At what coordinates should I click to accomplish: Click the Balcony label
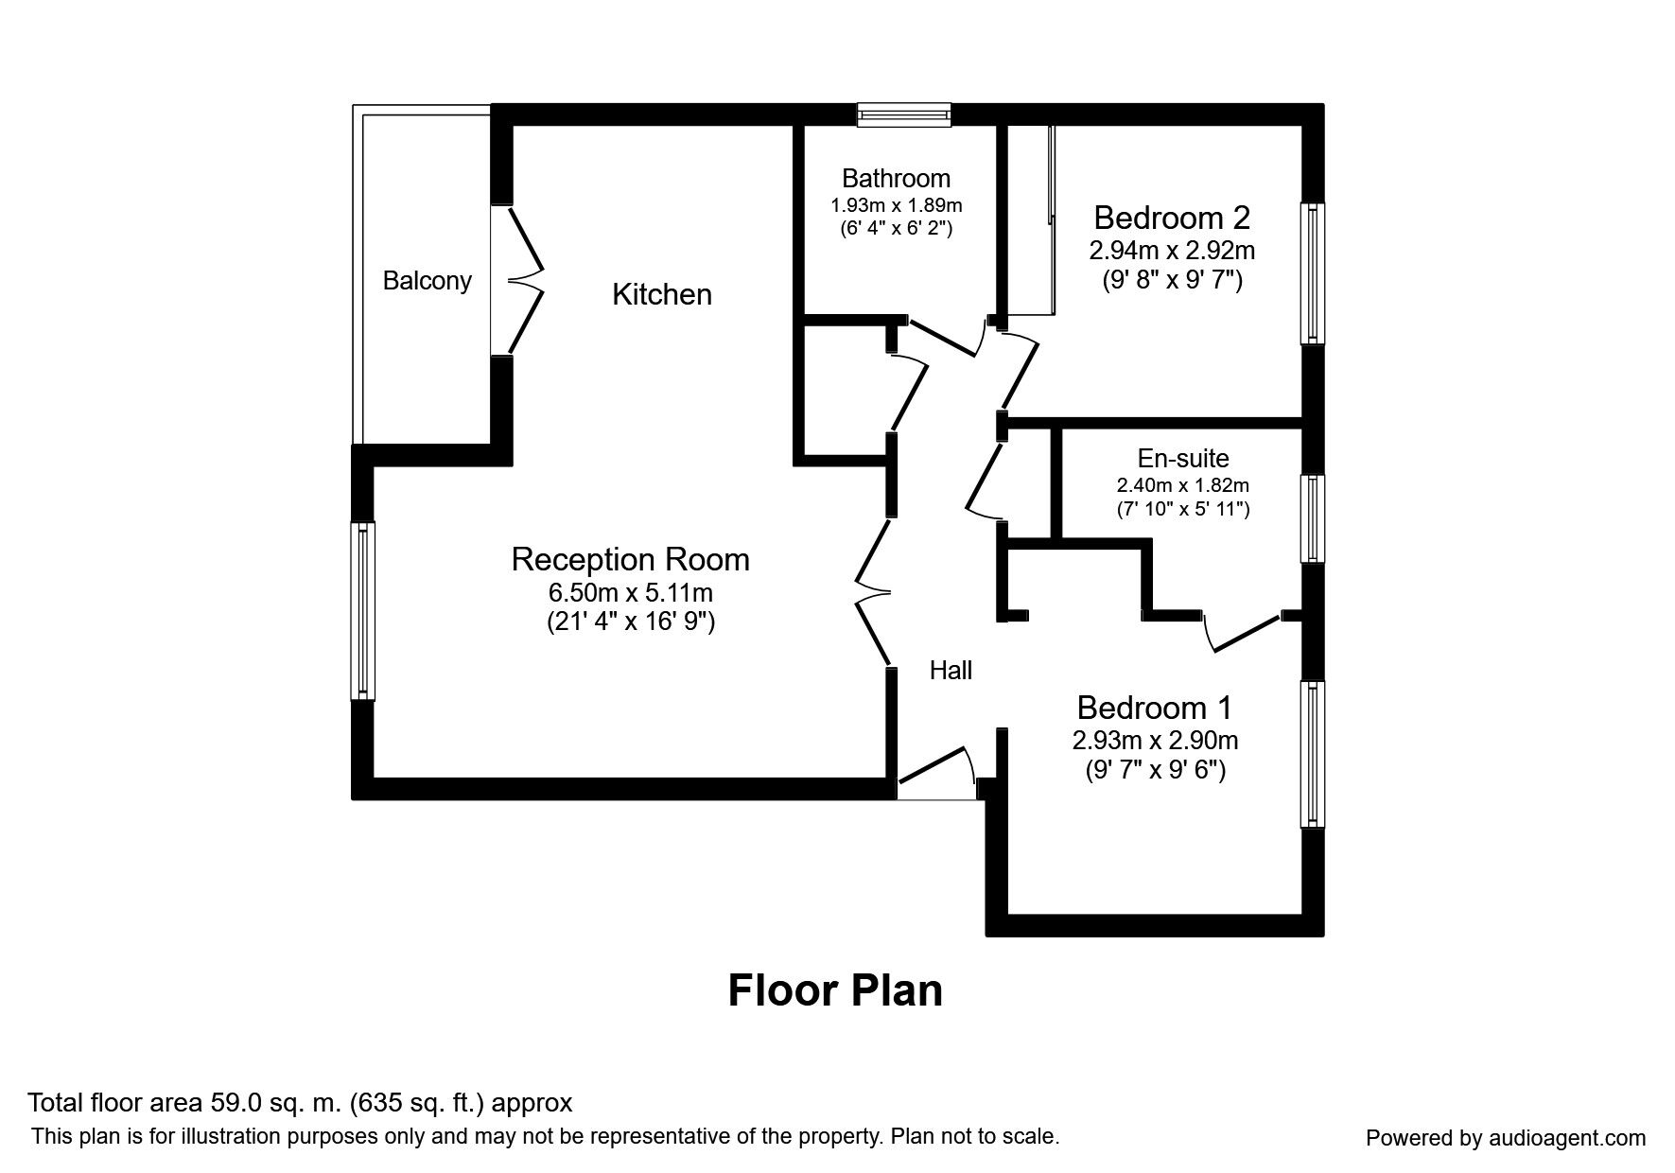(427, 281)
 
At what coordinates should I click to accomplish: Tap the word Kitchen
(662, 294)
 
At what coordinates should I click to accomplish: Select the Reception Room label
(631, 559)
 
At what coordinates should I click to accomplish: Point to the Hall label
(951, 671)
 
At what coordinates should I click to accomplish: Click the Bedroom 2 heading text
(1172, 218)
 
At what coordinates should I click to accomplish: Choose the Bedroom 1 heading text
(1155, 708)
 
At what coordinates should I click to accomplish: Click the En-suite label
(1183, 459)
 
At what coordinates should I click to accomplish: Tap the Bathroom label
(896, 178)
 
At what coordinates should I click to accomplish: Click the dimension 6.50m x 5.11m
(630, 593)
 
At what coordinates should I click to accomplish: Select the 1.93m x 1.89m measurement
(896, 204)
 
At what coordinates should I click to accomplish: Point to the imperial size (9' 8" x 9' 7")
(1172, 280)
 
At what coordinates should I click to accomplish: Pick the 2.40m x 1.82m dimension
(1183, 485)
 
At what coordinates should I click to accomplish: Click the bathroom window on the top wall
(904, 115)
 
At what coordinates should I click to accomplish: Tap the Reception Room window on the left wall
(363, 611)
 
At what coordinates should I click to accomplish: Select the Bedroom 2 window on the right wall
(1313, 273)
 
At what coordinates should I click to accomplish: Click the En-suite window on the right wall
(1313, 518)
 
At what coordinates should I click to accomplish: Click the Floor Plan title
(835, 990)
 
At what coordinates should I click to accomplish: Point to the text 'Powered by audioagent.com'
(1506, 1138)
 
